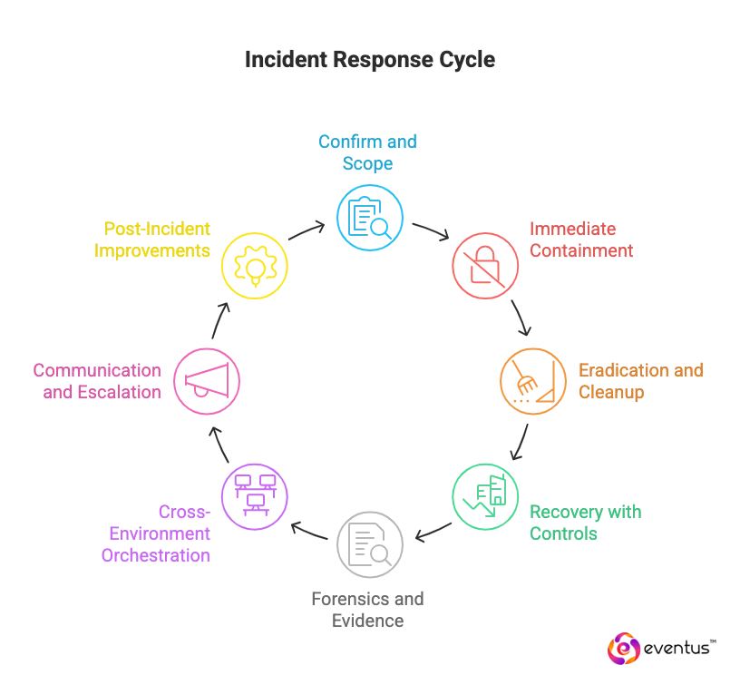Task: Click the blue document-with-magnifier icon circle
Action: tap(369, 218)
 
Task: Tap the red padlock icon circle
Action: tap(485, 266)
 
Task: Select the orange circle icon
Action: tap(533, 381)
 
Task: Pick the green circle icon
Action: tap(485, 496)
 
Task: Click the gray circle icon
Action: tap(369, 544)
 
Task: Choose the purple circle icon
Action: tap(254, 496)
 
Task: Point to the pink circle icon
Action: tap(206, 381)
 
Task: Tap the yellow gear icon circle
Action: tap(254, 266)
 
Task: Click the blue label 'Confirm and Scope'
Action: tap(369, 153)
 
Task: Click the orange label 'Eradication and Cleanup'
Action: tap(640, 381)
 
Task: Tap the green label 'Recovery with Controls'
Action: tap(586, 523)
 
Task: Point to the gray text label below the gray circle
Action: tap(369, 611)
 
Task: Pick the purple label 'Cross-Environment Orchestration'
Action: tap(160, 533)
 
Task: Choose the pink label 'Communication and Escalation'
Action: tap(98, 381)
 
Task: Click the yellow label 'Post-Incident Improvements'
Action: tap(152, 240)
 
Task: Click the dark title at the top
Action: tap(369, 60)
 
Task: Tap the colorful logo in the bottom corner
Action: tap(624, 649)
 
